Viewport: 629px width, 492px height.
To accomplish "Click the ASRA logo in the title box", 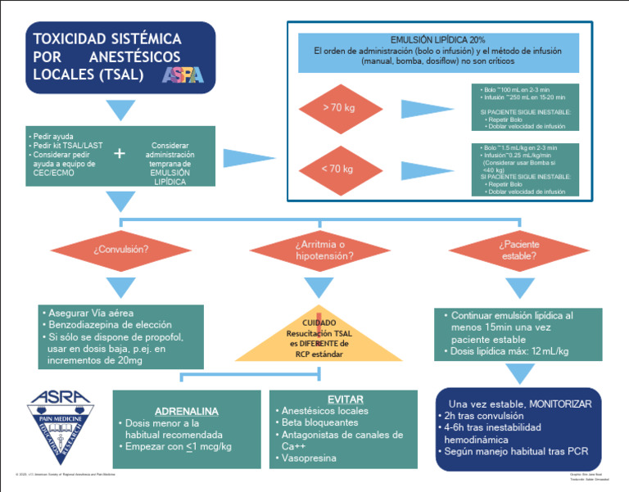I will point(182,75).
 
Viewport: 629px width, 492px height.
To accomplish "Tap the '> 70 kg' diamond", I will point(337,107).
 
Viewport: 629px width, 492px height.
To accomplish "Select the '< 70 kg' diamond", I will point(337,169).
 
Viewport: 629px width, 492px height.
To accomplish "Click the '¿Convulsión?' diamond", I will point(121,250).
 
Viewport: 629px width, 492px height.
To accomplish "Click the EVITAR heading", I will point(345,399).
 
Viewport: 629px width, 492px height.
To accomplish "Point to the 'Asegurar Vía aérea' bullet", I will point(90,313).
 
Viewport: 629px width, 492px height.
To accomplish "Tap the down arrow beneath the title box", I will point(121,109).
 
